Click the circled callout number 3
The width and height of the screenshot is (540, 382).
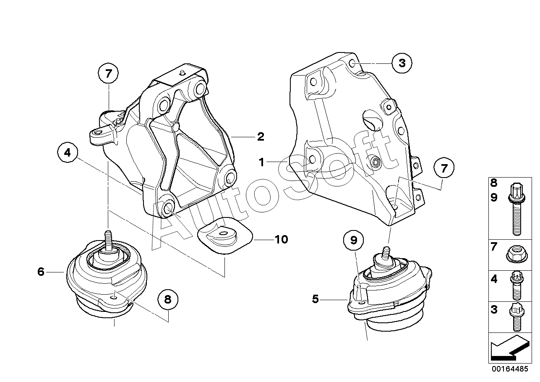(402, 63)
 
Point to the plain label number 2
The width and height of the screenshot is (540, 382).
(261, 136)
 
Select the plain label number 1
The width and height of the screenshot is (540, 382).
(261, 162)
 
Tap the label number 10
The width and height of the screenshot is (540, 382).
(281, 239)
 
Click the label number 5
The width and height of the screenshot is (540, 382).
(316, 299)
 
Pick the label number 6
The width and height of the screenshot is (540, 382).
(41, 272)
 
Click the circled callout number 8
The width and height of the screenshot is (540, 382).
(168, 299)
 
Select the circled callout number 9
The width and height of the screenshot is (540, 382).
(354, 241)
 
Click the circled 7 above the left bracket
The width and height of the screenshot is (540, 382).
(109, 74)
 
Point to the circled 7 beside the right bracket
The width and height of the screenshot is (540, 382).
(444, 169)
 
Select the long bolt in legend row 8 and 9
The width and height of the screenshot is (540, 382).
(516, 209)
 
